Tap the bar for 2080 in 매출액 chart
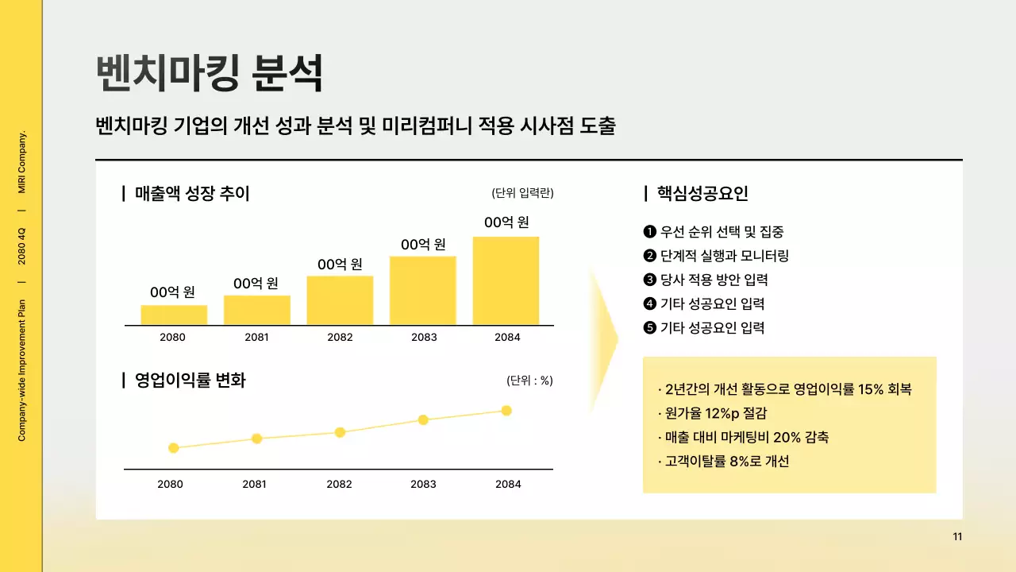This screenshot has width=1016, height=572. pos(174,315)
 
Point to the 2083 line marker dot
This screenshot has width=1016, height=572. pos(423,419)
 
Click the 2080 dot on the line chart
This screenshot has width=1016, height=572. pos(174,448)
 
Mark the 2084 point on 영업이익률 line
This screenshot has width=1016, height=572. pos(506,411)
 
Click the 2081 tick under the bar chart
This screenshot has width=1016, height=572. pos(256,337)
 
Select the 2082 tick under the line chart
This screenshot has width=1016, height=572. pos(339,484)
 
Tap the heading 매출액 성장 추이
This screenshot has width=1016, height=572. pos(192,193)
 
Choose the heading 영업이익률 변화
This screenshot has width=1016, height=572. pos(190,381)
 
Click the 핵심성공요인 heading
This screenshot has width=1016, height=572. pos(702,193)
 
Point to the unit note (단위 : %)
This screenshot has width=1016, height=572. pos(529,381)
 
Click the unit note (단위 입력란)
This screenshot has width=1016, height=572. pos(522,193)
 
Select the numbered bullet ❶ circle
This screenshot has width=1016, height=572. pos(649,232)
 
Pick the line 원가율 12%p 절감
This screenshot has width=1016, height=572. pos(716,413)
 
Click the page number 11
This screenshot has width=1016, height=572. pos(957,536)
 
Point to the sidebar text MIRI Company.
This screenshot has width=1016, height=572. pos(21,161)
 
